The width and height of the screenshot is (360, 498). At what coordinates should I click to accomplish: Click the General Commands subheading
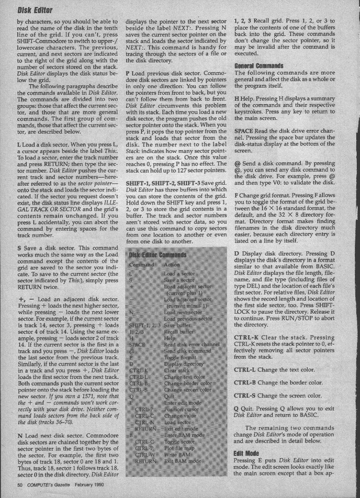click(258, 66)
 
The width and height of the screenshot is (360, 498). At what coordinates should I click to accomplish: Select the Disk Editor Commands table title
click(158, 255)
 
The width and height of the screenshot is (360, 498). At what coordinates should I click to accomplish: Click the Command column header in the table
click(141, 265)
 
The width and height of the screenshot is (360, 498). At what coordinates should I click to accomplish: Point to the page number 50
click(20, 485)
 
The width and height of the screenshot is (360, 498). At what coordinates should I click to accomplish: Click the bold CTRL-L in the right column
click(246, 370)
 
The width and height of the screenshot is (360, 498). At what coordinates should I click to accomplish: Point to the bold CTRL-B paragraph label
click(246, 383)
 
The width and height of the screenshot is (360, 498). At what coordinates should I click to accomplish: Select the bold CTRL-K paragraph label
click(247, 337)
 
